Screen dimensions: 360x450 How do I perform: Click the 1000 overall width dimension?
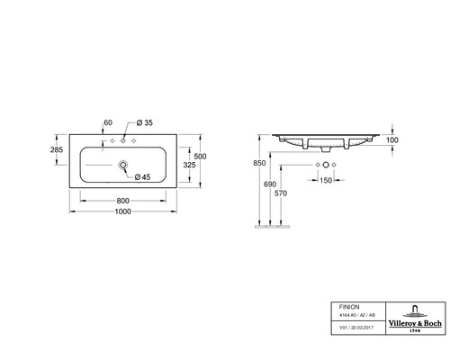122,211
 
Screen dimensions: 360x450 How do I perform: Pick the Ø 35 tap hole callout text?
145,121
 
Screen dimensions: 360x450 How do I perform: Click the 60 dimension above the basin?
108,121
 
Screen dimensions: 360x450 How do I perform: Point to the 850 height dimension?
259,163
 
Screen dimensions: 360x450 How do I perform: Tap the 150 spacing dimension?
325,180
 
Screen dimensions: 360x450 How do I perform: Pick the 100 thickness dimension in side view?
393,140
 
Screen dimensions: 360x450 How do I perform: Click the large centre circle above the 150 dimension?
325,166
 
